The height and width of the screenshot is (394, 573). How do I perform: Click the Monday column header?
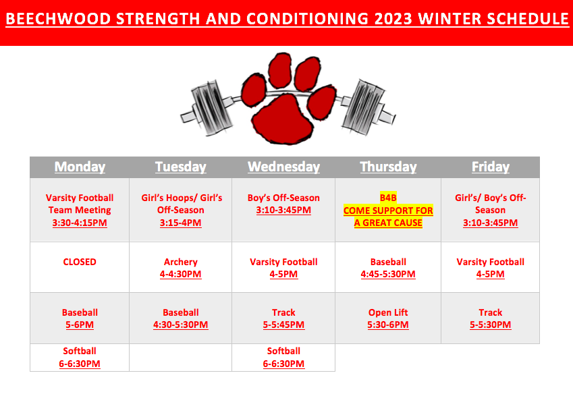[x=80, y=167]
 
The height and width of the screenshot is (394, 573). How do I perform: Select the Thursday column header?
[x=388, y=167]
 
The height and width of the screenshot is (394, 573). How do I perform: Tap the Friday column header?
[x=491, y=167]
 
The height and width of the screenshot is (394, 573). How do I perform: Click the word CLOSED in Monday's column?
[x=80, y=262]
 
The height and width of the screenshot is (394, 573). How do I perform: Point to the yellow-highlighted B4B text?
[x=388, y=198]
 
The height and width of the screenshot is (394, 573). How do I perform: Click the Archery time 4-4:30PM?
[x=180, y=274]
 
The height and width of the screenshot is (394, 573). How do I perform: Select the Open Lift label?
[x=388, y=312]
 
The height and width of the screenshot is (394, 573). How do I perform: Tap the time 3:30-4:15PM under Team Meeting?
[x=80, y=223]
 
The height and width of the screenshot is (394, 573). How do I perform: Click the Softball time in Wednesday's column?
[x=283, y=364]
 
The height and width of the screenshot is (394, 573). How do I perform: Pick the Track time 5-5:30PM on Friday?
[x=491, y=325]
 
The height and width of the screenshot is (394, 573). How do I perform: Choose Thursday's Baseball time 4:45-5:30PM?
[x=388, y=274]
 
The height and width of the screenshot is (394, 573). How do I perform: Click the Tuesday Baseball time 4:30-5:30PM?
[x=180, y=325]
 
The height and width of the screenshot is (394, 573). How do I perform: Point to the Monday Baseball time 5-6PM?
[x=80, y=325]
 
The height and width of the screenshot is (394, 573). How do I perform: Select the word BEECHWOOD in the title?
[x=58, y=19]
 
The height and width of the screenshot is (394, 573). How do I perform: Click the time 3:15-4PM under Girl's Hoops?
[x=180, y=223]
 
